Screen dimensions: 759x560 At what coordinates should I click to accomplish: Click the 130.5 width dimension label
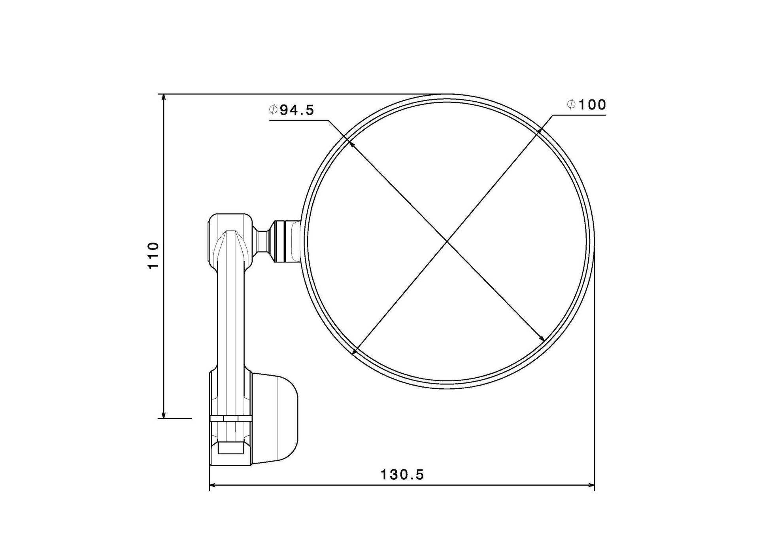tap(402, 474)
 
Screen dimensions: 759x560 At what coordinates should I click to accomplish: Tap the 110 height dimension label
tap(153, 255)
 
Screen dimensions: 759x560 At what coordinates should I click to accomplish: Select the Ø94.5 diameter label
tap(292, 110)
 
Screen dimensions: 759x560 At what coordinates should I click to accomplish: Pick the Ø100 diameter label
tap(586, 104)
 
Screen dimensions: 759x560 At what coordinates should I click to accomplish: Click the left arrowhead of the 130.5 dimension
tap(215, 485)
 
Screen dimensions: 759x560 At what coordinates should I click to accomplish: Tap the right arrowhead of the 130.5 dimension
tap(589, 485)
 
